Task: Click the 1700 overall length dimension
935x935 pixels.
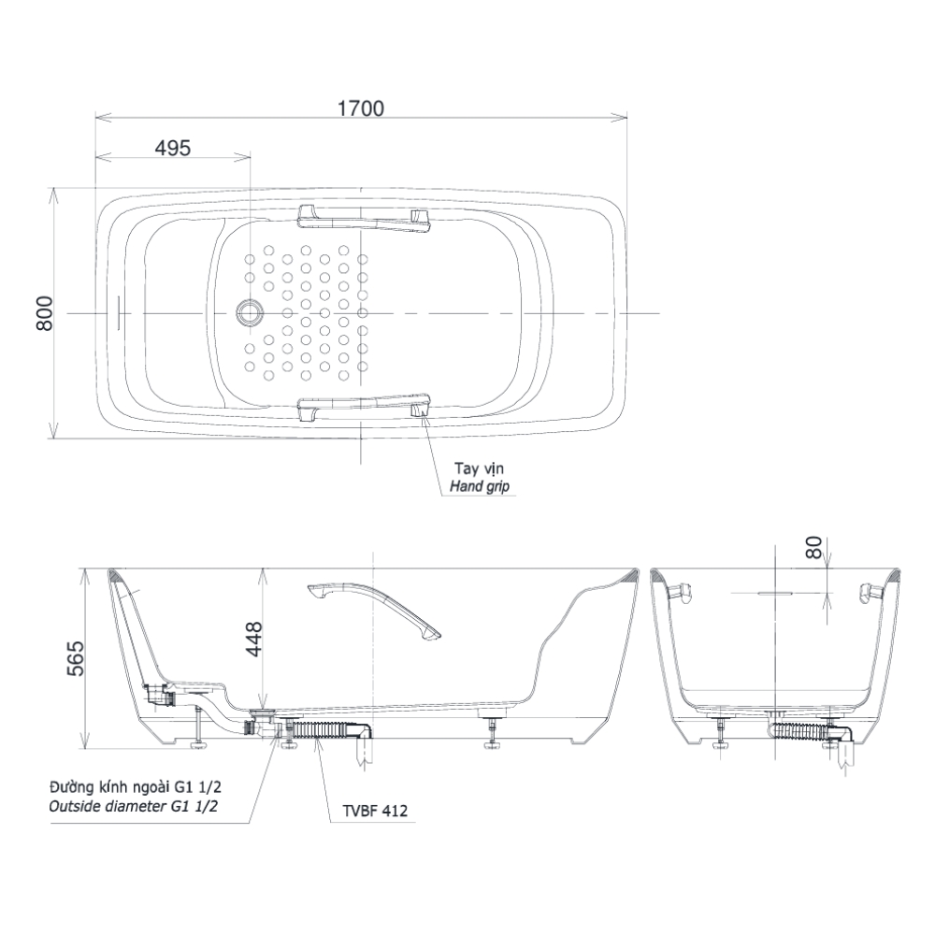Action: [361, 109]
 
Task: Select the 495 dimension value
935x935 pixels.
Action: [173, 148]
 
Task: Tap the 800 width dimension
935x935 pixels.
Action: [45, 313]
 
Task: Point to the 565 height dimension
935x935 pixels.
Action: [75, 659]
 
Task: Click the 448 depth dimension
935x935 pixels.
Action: [254, 640]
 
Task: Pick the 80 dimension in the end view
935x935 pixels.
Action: [814, 547]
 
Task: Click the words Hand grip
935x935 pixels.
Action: [480, 486]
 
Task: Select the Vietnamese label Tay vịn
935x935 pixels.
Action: [479, 468]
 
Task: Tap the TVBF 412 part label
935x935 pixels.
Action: [375, 811]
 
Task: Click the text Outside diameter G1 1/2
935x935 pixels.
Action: [133, 807]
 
